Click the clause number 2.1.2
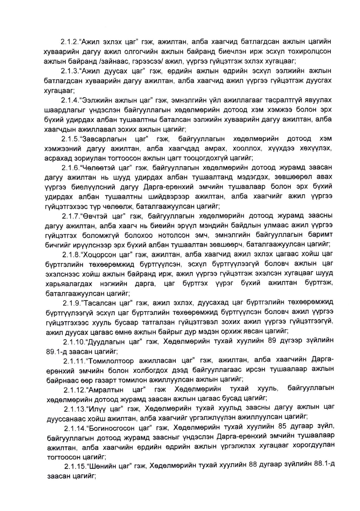69,42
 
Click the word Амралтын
105,390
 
